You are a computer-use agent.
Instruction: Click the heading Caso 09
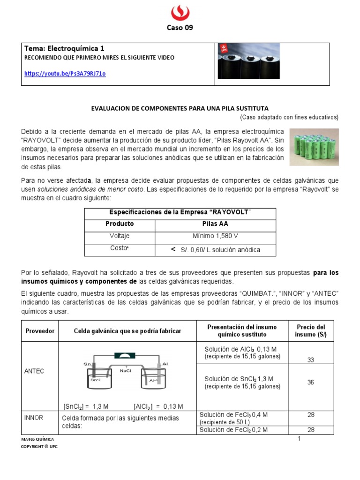pyautogui.click(x=180, y=27)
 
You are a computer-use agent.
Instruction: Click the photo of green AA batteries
pyautogui.click(x=314, y=147)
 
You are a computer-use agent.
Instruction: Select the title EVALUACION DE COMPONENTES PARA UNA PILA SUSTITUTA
pyautogui.click(x=180, y=108)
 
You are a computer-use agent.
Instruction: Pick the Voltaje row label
pyautogui.click(x=120, y=236)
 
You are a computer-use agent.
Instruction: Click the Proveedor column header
pyautogui.click(x=39, y=331)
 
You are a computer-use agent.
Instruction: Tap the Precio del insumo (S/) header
pyautogui.click(x=310, y=330)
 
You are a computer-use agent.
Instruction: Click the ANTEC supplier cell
pyautogui.click(x=34, y=371)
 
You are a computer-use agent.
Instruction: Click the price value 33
pyautogui.click(x=310, y=360)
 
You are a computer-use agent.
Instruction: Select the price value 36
pyautogui.click(x=310, y=382)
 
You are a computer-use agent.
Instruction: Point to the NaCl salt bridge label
pyautogui.click(x=125, y=370)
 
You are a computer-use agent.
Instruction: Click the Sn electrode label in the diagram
pyautogui.click(x=87, y=363)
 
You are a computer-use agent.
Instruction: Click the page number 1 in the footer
pyautogui.click(x=298, y=438)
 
